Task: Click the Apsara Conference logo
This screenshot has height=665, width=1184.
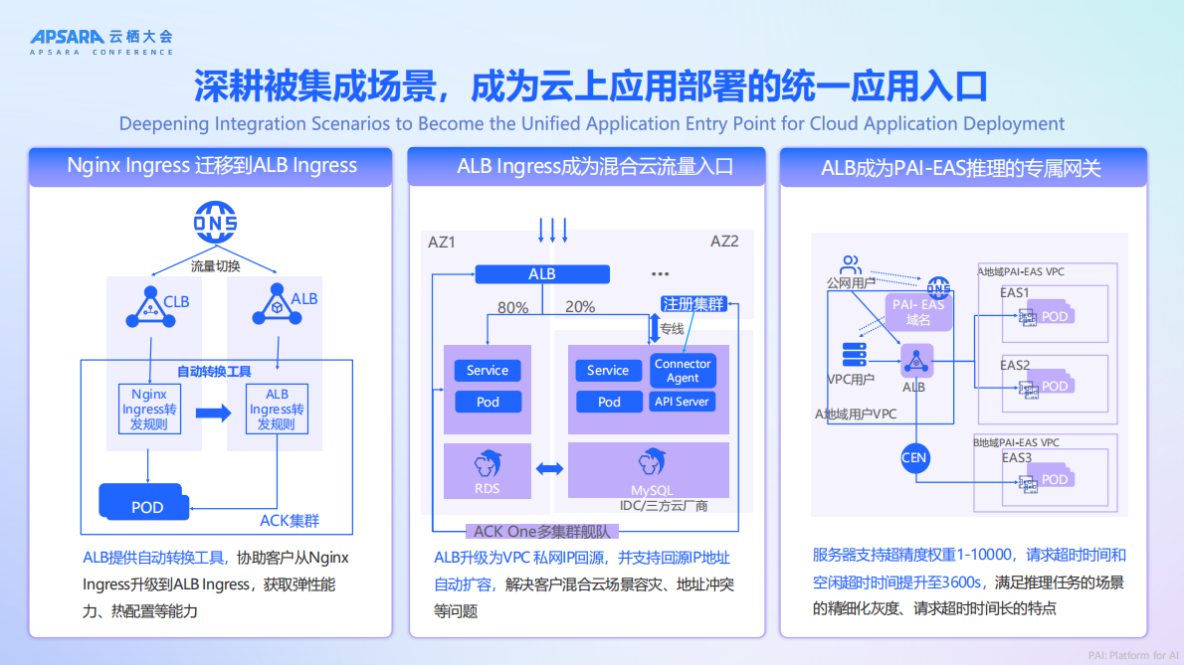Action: point(100,41)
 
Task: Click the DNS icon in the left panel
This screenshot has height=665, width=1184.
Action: point(214,223)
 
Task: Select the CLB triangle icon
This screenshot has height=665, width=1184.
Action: point(147,306)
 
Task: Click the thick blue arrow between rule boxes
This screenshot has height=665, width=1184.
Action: point(212,412)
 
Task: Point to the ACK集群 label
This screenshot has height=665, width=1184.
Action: point(290,520)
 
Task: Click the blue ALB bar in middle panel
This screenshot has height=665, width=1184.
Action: point(542,274)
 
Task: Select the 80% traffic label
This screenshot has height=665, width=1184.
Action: point(512,308)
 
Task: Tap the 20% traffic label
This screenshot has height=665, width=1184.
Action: point(580,307)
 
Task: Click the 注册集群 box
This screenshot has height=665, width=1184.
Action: point(693,304)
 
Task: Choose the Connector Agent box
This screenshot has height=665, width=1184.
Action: point(683,371)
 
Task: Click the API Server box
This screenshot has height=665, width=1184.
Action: point(682,402)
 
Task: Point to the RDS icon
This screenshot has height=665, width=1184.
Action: point(488,470)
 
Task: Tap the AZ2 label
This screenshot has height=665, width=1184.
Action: point(724,242)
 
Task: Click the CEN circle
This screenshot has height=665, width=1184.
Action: point(913,458)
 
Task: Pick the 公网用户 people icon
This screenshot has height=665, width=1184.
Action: point(850,265)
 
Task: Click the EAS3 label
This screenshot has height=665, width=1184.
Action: point(1016,457)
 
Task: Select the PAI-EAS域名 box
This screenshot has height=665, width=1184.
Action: point(917,312)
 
